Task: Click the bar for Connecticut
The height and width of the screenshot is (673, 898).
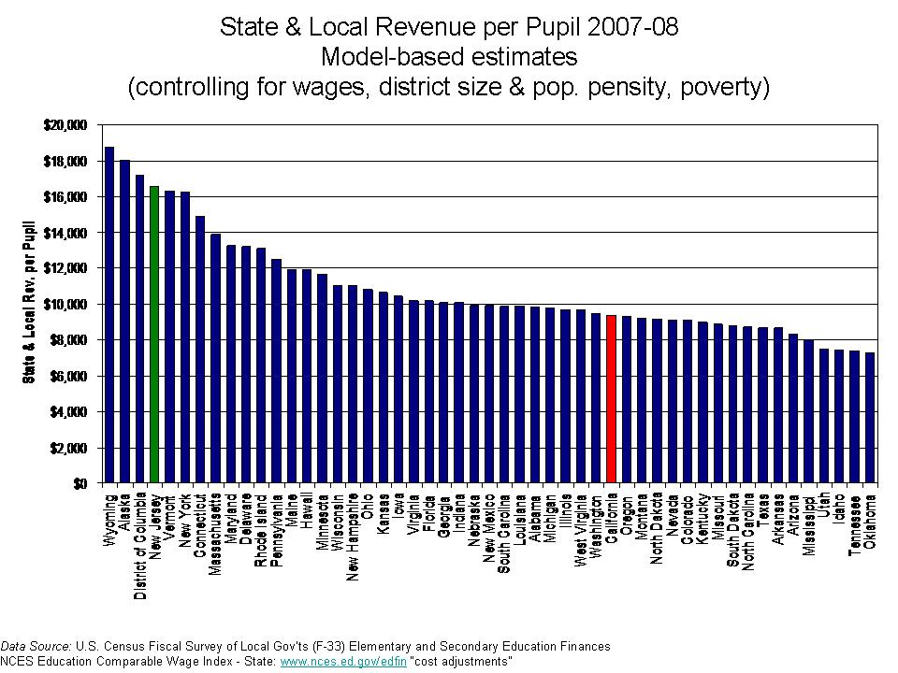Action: click(200, 350)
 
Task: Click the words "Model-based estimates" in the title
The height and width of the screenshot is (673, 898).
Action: click(448, 57)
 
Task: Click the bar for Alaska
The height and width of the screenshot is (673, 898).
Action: click(124, 322)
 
